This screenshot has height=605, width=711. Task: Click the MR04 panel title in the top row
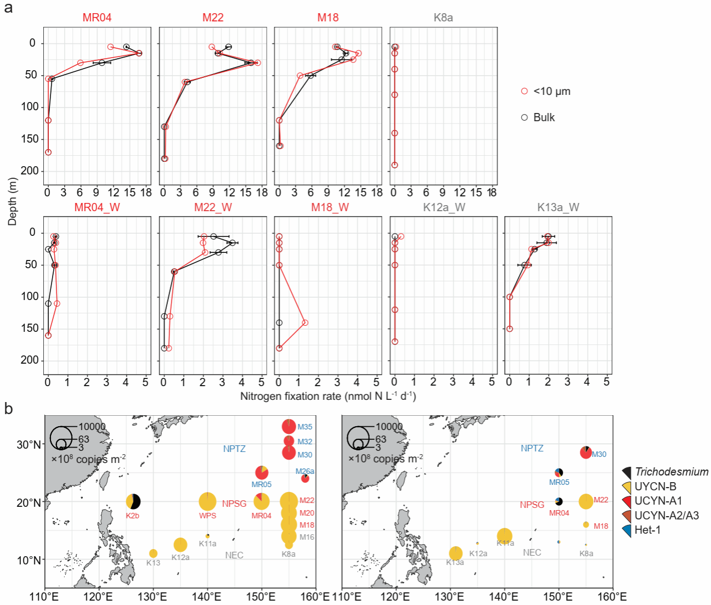tap(97, 18)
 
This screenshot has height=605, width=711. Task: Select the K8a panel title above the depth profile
tap(443, 18)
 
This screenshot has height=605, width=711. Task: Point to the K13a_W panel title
tap(558, 207)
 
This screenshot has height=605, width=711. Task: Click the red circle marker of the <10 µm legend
tap(524, 91)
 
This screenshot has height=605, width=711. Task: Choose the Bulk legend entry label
tap(544, 117)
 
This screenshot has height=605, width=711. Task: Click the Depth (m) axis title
tap(12, 201)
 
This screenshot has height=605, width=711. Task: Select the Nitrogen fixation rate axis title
tap(328, 396)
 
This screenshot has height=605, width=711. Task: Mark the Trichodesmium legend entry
tap(671, 472)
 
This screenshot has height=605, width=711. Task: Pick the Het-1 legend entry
tap(647, 530)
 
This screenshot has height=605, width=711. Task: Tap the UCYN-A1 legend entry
tap(658, 501)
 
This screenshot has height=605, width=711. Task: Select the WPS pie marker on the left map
tap(207, 501)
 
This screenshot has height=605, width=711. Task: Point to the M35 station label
tap(305, 427)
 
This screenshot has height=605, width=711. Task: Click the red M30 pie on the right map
tap(586, 453)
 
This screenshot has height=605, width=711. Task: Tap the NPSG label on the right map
tap(532, 505)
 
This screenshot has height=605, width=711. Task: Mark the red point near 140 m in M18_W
tap(305, 323)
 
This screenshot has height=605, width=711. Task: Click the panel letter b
tap(8, 409)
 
